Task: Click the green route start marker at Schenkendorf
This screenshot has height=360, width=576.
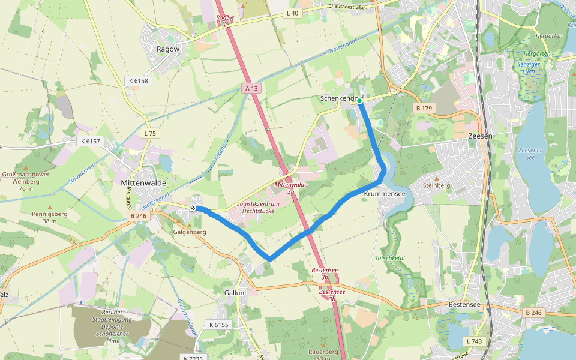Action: click(x=359, y=101)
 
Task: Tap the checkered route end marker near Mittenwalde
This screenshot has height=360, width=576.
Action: click(x=193, y=208)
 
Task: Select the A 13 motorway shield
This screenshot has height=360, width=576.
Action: click(x=251, y=88)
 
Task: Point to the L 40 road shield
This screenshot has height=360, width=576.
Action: click(x=292, y=13)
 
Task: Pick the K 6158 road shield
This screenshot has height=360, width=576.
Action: click(x=137, y=80)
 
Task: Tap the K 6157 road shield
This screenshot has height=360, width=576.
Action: click(x=91, y=142)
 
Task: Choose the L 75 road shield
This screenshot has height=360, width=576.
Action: click(x=149, y=133)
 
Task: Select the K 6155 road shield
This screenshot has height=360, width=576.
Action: click(x=219, y=325)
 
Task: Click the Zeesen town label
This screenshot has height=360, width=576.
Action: click(x=480, y=136)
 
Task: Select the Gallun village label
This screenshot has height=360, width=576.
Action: click(x=235, y=293)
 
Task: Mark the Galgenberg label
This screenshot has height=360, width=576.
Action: click(x=190, y=232)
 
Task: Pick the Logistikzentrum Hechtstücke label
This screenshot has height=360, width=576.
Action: click(x=259, y=208)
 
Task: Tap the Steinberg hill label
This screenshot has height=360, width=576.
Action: click(x=436, y=185)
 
